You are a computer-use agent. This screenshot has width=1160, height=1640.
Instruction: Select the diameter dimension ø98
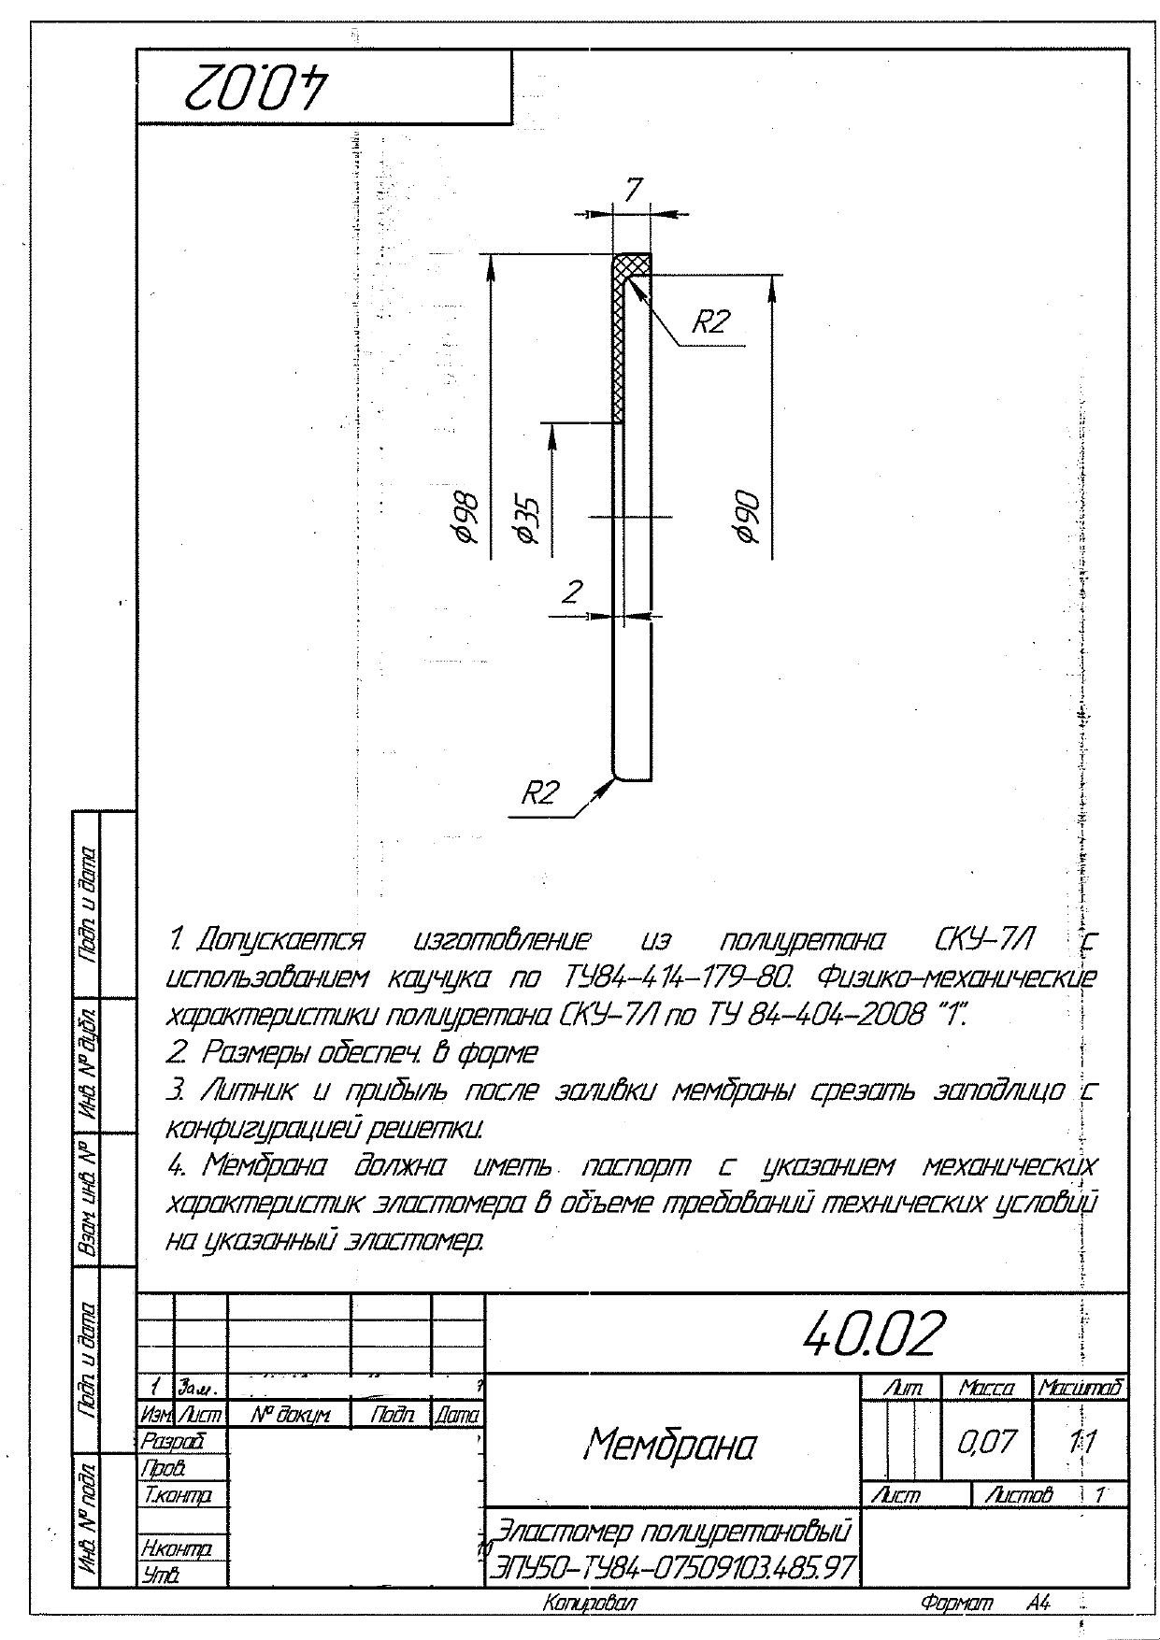pyautogui.click(x=465, y=514)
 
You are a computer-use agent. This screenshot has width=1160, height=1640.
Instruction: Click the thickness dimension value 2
pyautogui.click(x=573, y=592)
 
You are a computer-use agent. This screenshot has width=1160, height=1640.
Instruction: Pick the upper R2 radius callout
pyautogui.click(x=709, y=323)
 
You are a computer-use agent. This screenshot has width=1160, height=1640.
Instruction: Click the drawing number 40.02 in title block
pyautogui.click(x=875, y=1333)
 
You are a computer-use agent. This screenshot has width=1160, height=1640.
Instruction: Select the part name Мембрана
pyautogui.click(x=670, y=1445)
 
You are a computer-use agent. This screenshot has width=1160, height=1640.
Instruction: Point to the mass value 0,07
pyautogui.click(x=986, y=1441)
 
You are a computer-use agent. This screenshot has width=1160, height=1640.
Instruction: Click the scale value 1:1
pyautogui.click(x=1081, y=1441)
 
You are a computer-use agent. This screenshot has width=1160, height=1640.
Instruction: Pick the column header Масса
pyautogui.click(x=986, y=1389)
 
